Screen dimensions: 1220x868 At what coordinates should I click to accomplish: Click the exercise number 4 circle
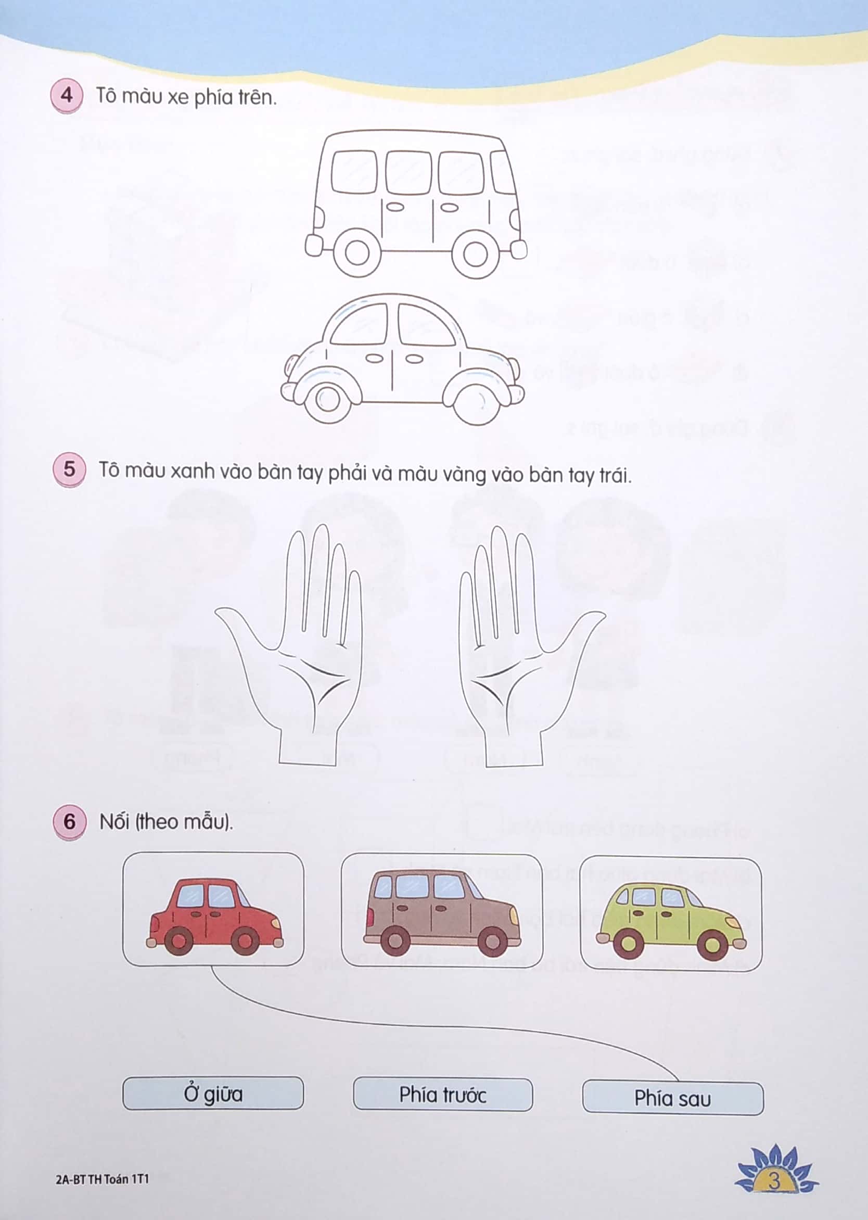(x=66, y=96)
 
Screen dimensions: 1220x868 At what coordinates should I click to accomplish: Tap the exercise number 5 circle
(x=69, y=469)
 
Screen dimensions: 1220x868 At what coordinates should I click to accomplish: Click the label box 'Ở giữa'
(x=213, y=1094)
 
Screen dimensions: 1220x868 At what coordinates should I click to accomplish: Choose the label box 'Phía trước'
(x=442, y=1095)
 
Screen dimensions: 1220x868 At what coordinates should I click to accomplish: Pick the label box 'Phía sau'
(x=672, y=1099)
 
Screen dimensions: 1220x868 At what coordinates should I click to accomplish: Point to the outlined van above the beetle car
(x=414, y=203)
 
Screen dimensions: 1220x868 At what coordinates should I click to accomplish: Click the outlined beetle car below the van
(x=401, y=358)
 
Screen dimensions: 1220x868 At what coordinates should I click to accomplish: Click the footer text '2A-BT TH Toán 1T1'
(x=102, y=1179)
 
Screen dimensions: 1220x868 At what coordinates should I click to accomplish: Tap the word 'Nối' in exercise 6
(x=114, y=821)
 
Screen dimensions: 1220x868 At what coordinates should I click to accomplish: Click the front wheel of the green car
(x=712, y=945)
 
